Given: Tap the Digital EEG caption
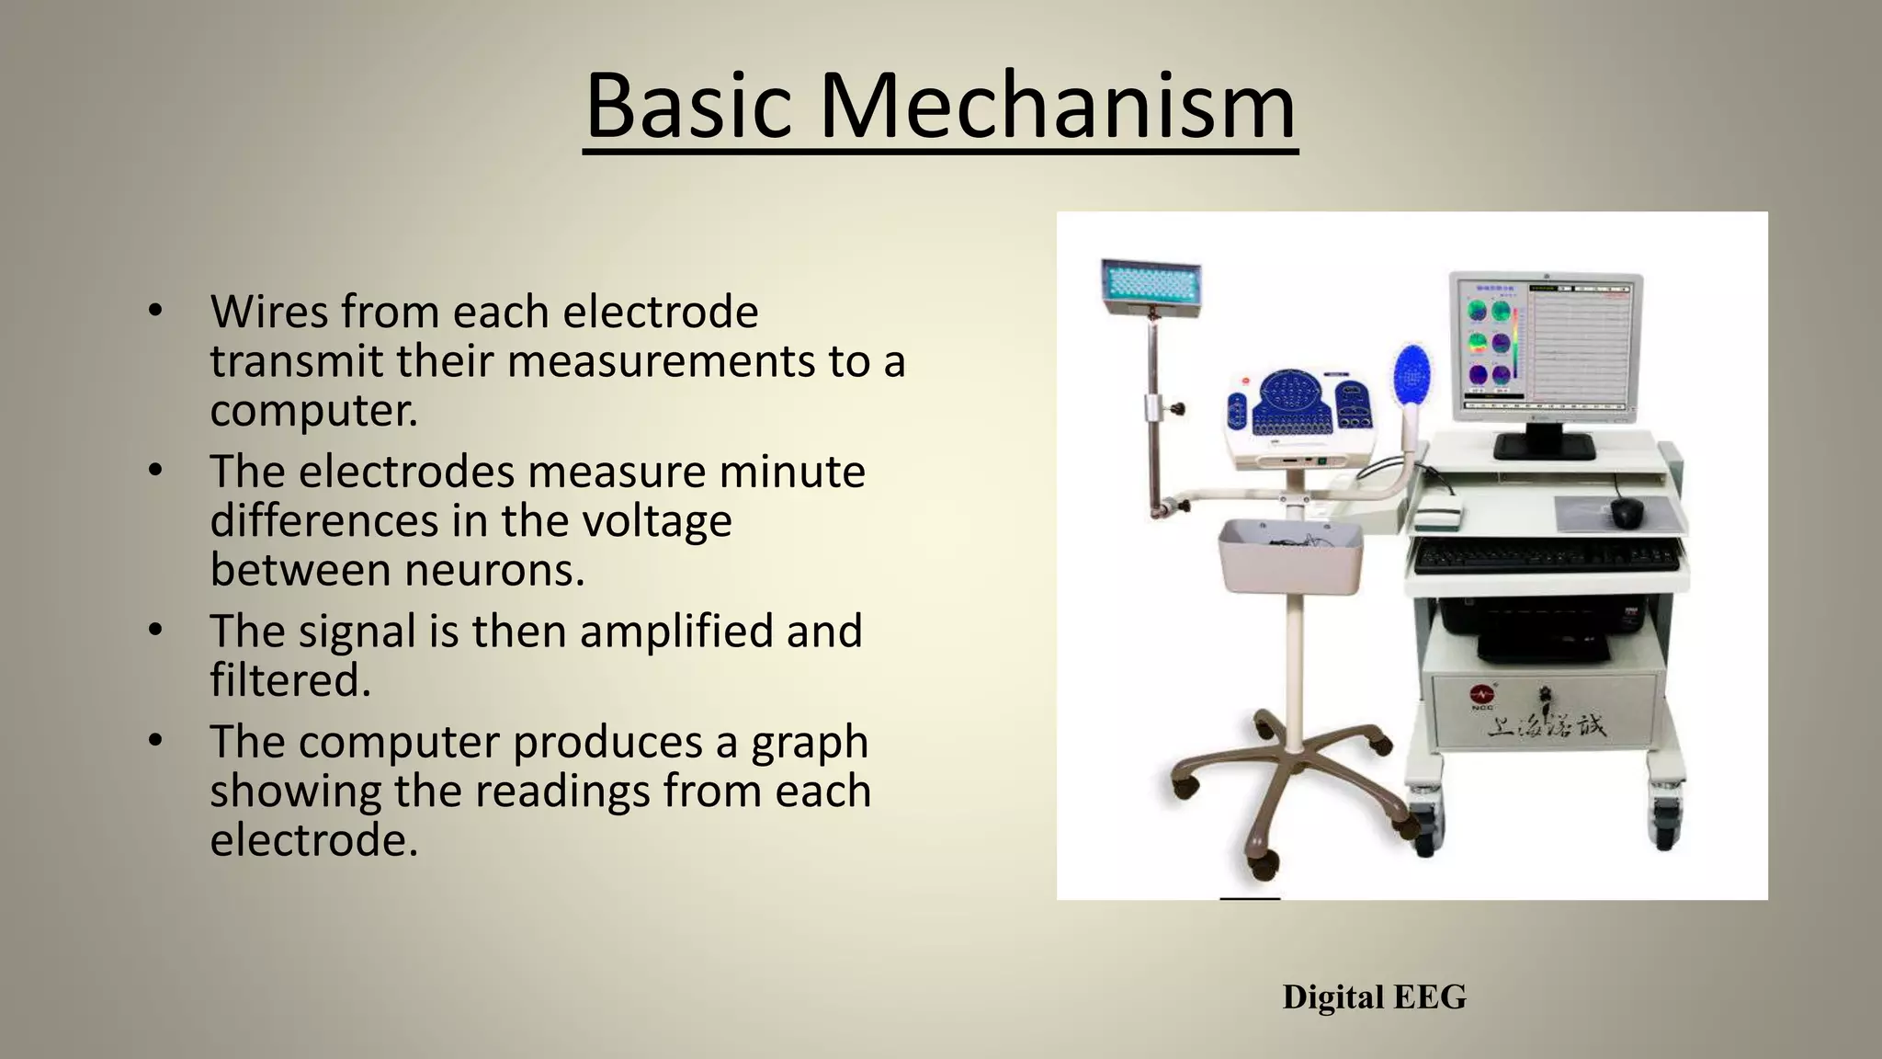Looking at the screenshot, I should pos(1374,997).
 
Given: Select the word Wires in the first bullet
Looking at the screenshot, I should pos(268,312).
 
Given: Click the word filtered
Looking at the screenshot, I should pos(290,681).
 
